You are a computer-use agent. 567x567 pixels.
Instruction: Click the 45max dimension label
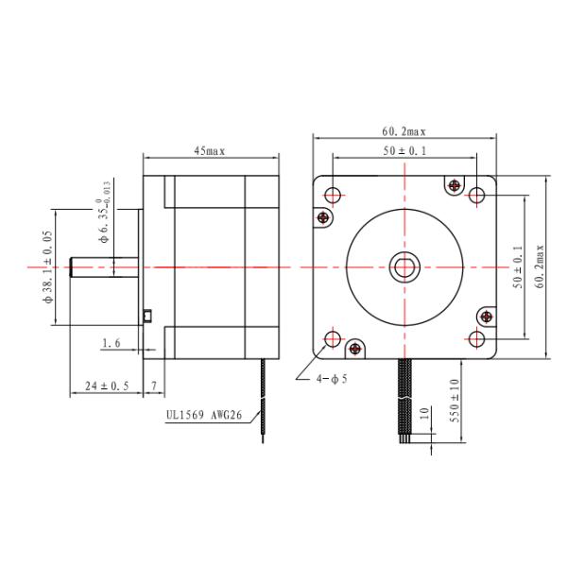[210, 151]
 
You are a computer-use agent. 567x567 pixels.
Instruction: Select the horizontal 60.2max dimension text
[404, 131]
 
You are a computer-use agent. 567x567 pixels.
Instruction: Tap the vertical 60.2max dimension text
[540, 266]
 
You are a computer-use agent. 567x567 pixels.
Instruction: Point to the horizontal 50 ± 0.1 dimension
[404, 151]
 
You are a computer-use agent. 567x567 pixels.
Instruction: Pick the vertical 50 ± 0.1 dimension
[518, 266]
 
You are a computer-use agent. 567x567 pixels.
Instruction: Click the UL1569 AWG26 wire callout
[204, 415]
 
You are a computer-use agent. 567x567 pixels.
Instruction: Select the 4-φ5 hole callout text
[332, 379]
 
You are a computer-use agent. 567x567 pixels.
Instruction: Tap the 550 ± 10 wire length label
[455, 401]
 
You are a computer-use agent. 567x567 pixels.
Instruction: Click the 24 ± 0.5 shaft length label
[107, 386]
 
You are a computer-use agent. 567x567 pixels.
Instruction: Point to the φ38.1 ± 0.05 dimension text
[48, 266]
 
